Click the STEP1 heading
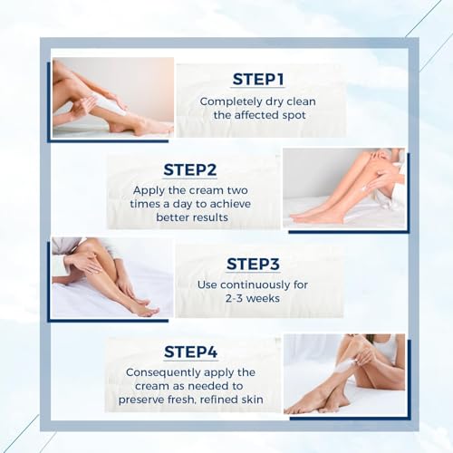point(258,79)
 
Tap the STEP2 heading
point(191,169)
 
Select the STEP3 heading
point(255,264)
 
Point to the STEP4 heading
point(191,352)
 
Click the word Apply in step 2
point(149,190)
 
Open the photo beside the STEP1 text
point(112,97)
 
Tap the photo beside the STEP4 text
point(343,373)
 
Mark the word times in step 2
point(149,205)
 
